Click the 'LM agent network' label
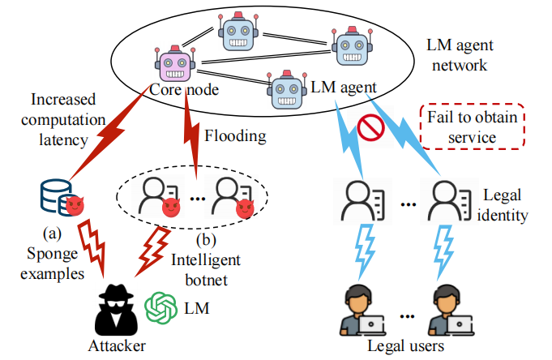(x=467, y=55)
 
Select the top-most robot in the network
(x=239, y=29)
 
